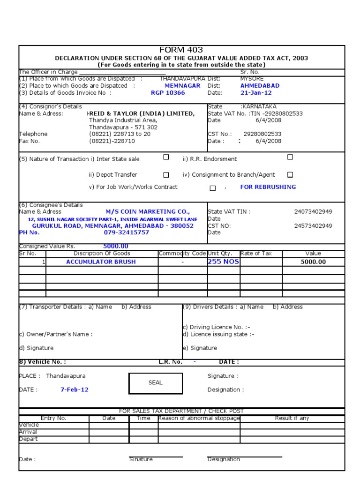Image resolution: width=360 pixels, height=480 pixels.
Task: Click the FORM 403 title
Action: (x=181, y=50)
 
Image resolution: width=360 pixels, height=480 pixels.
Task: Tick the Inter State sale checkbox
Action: (x=166, y=157)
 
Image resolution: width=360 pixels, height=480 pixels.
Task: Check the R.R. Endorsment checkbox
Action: (x=290, y=157)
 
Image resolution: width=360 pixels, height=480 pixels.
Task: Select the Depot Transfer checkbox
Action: (x=166, y=175)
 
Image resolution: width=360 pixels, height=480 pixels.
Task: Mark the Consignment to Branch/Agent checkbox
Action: (x=290, y=175)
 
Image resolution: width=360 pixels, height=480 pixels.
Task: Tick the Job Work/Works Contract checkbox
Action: (x=212, y=188)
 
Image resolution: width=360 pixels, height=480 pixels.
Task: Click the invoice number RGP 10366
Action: (x=168, y=93)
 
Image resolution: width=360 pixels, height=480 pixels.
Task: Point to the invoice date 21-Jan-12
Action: (x=256, y=93)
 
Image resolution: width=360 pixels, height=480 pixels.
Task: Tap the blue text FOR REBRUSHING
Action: (x=268, y=187)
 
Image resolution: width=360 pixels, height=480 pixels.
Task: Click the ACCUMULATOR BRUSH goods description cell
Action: (x=101, y=262)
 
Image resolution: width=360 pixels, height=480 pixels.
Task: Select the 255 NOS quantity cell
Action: (x=223, y=262)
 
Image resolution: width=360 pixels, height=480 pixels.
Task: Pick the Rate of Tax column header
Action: (x=256, y=254)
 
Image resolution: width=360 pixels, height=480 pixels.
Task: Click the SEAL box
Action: (x=155, y=382)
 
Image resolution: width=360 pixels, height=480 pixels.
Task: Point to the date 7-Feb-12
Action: (x=74, y=390)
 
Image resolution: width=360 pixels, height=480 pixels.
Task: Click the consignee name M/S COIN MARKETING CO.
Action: (x=141, y=212)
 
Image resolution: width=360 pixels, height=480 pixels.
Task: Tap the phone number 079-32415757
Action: (x=126, y=232)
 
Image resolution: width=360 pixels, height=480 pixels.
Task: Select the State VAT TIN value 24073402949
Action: (x=313, y=212)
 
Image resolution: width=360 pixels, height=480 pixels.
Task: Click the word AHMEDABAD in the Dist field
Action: (x=260, y=86)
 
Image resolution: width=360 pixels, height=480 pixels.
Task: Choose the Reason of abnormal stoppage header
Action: (x=199, y=418)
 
